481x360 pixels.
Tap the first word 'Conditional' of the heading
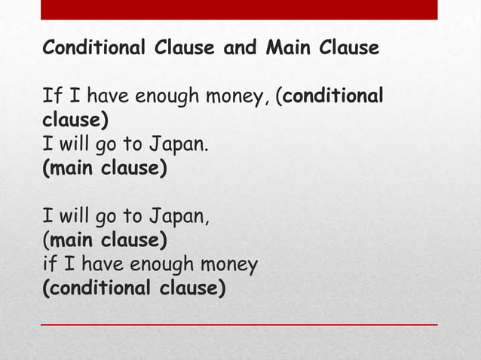coord(94,49)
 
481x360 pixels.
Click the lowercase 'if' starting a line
coord(48,265)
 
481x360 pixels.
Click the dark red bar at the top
coord(239,9)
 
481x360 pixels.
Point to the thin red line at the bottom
coord(239,324)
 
